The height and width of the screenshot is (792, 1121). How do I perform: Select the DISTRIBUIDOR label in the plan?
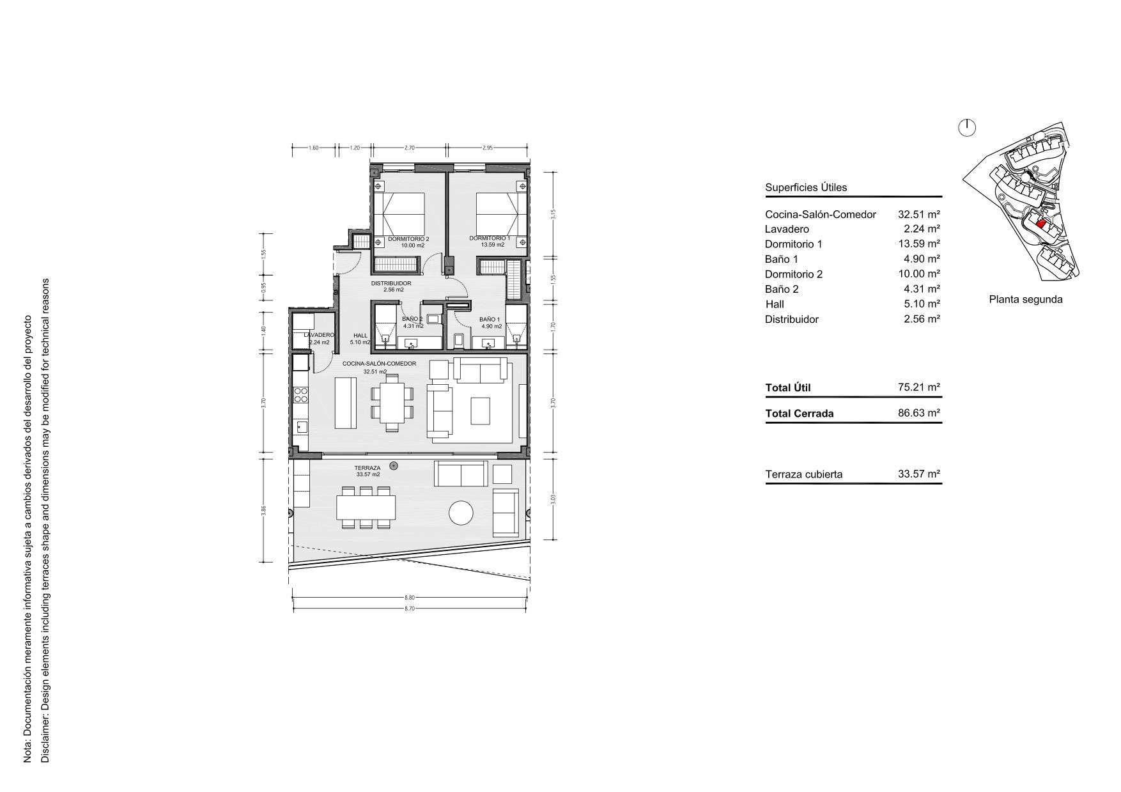tap(391, 283)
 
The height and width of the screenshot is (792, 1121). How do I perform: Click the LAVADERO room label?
tap(318, 335)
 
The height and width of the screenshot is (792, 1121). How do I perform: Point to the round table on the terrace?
tap(461, 513)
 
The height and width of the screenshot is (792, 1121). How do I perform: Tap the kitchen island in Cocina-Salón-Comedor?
tap(346, 403)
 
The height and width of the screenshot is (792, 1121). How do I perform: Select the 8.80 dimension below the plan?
tap(409, 598)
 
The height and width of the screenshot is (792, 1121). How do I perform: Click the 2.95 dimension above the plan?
tap(487, 148)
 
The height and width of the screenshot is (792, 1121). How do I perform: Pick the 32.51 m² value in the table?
tap(918, 215)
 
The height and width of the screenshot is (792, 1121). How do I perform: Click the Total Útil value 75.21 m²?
tap(918, 387)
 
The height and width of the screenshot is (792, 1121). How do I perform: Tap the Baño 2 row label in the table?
tap(782, 289)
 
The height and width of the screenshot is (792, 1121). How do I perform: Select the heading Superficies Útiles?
tap(805, 187)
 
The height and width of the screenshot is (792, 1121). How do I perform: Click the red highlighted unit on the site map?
tap(1040, 224)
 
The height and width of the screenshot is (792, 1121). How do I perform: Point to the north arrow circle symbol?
tap(968, 128)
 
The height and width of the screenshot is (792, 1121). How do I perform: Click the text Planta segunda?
tap(1025, 299)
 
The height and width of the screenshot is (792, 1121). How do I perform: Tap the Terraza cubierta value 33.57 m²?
tap(918, 474)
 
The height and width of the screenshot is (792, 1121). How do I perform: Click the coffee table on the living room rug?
tap(480, 411)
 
